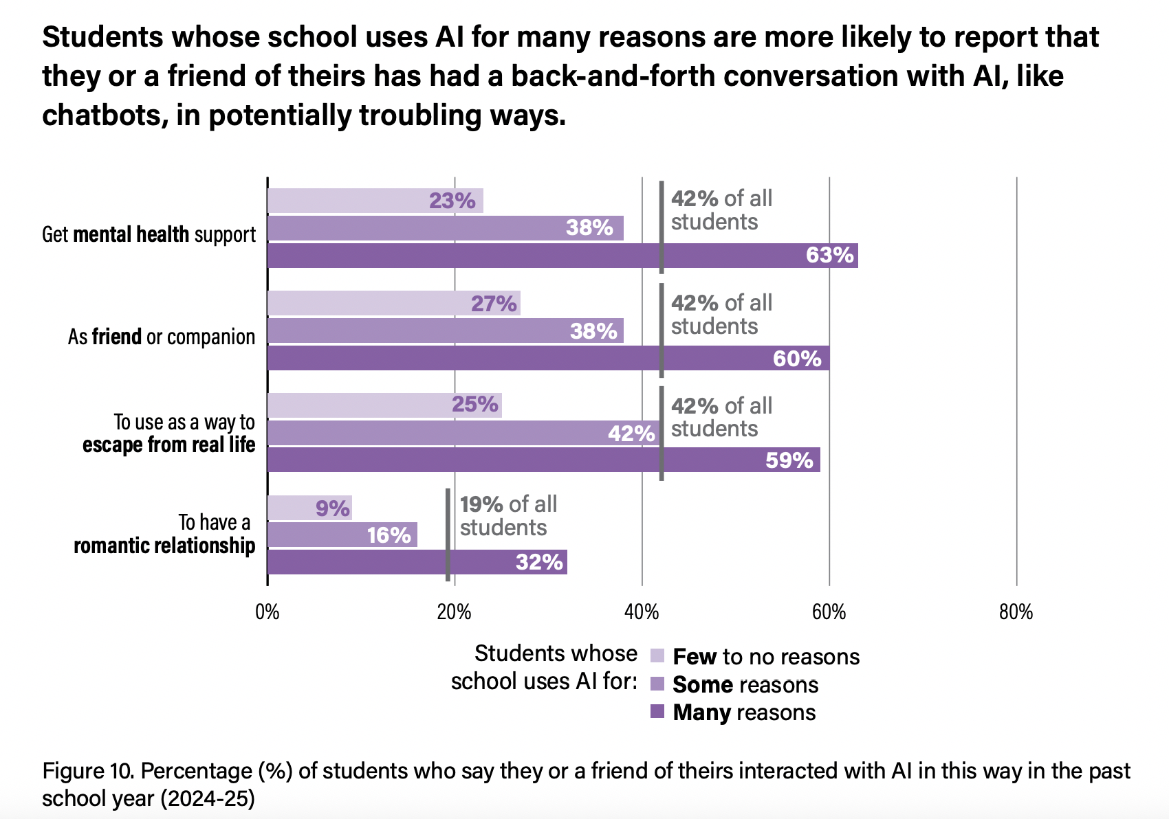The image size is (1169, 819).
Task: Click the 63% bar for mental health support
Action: pyautogui.click(x=562, y=256)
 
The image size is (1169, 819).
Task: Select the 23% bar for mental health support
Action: pyautogui.click(x=375, y=201)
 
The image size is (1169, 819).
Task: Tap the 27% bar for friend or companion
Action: pyautogui.click(x=393, y=303)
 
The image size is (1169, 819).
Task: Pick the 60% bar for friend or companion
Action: pyautogui.click(x=548, y=358)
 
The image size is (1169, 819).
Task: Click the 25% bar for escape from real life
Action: pyautogui.click(x=384, y=405)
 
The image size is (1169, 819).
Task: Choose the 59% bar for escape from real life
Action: pyautogui.click(x=543, y=460)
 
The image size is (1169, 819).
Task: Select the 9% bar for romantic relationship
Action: pyautogui.click(x=309, y=508)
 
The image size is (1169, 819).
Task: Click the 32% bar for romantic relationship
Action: pyautogui.click(x=417, y=562)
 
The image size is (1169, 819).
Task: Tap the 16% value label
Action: pyautogui.click(x=389, y=535)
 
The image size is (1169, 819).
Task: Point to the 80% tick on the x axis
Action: pyautogui.click(x=1016, y=612)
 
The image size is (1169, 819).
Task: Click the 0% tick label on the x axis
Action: pyautogui.click(x=267, y=612)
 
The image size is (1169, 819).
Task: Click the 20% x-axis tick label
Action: pyautogui.click(x=455, y=612)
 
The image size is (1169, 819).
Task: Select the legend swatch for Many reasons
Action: pyautogui.click(x=657, y=712)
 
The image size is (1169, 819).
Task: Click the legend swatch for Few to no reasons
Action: pyautogui.click(x=657, y=655)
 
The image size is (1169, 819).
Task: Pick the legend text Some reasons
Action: pyautogui.click(x=745, y=684)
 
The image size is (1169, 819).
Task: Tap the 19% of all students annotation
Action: pyautogui.click(x=507, y=516)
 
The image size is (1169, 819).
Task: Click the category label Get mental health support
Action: pyautogui.click(x=149, y=234)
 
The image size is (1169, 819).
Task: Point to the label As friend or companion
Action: pyautogui.click(x=162, y=337)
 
